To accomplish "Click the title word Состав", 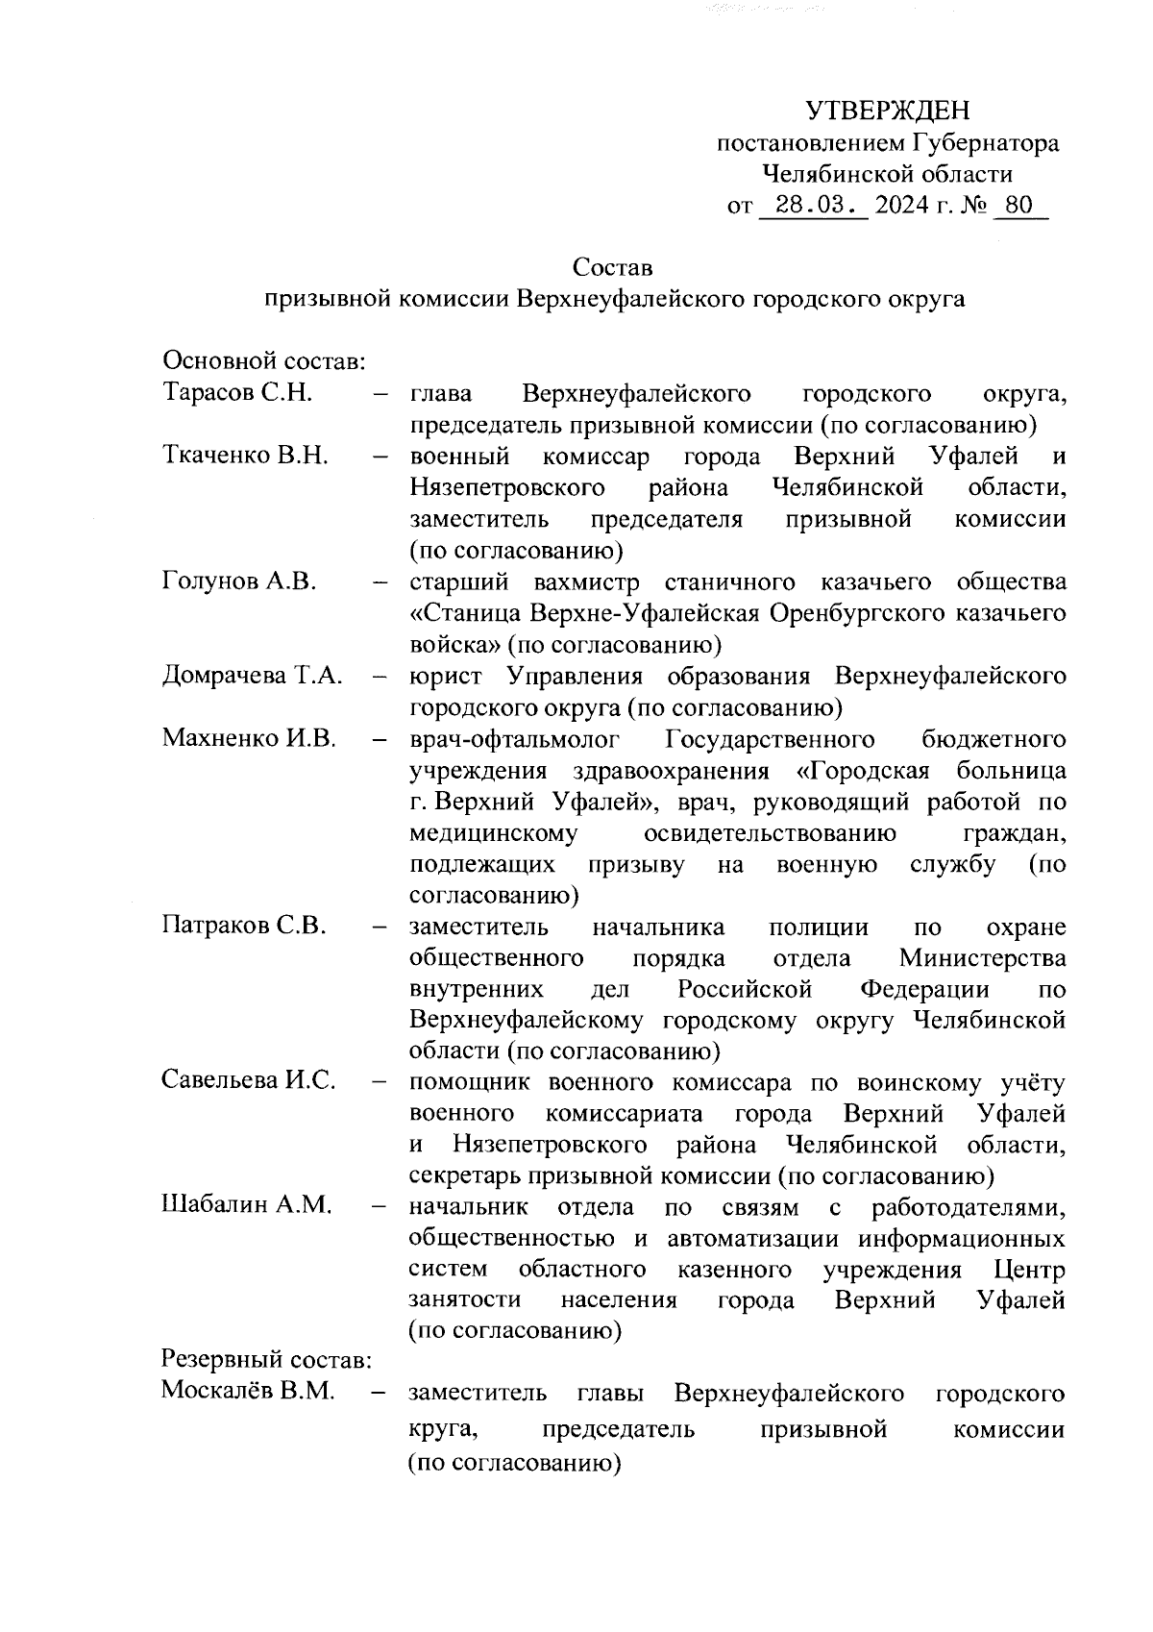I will (612, 266).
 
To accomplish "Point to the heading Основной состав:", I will (262, 361).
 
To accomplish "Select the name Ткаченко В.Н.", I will (245, 456).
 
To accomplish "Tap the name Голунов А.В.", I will (239, 581).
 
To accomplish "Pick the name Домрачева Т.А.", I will (253, 676).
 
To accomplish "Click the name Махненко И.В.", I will (249, 738).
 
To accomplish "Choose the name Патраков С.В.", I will (245, 927).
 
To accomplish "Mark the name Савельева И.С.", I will (249, 1080).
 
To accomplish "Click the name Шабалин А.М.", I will (246, 1205).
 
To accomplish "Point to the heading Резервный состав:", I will (266, 1360).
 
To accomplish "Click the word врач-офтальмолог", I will (515, 739).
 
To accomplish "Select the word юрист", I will (444, 677).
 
